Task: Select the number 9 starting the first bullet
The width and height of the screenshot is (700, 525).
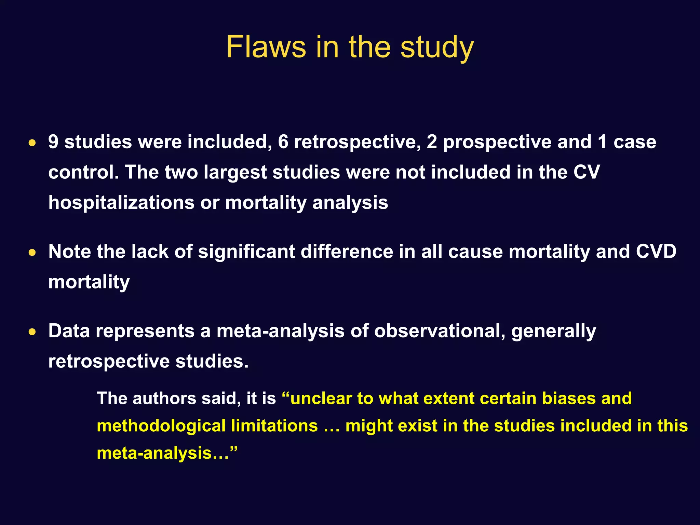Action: [x=53, y=142]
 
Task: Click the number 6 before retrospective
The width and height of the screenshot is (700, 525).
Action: [x=283, y=142]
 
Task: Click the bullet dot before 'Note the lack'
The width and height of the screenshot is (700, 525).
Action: [x=32, y=253]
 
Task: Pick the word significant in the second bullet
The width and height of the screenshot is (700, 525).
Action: [x=246, y=252]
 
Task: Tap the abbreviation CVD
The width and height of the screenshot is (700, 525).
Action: [x=656, y=252]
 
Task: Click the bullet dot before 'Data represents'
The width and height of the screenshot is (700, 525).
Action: [x=32, y=332]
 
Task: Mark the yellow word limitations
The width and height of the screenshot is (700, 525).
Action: [x=274, y=426]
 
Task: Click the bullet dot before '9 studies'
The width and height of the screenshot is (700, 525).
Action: [x=32, y=143]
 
